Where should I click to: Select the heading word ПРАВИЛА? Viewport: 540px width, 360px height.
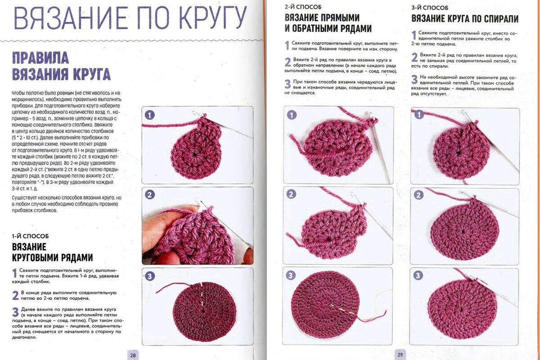pyautogui.click(x=40, y=58)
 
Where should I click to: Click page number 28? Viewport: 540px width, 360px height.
pyautogui.click(x=133, y=355)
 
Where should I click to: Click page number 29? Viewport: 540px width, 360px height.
pyautogui.click(x=400, y=354)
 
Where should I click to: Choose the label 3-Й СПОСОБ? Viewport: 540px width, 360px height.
pyautogui.click(x=430, y=8)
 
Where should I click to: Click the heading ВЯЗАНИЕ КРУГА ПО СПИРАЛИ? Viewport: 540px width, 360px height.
pyautogui.click(x=465, y=19)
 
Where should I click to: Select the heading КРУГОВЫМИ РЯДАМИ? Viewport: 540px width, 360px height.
pyautogui.click(x=52, y=257)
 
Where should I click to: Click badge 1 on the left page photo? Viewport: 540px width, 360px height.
pyautogui.click(x=150, y=114)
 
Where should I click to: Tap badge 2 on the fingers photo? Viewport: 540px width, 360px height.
pyautogui.click(x=150, y=194)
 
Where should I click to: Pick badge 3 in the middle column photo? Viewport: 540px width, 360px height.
pyautogui.click(x=291, y=275)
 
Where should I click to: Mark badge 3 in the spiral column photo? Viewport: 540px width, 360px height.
pyautogui.click(x=418, y=275)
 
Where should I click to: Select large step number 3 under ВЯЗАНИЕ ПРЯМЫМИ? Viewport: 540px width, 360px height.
pyautogui.click(x=288, y=84)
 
